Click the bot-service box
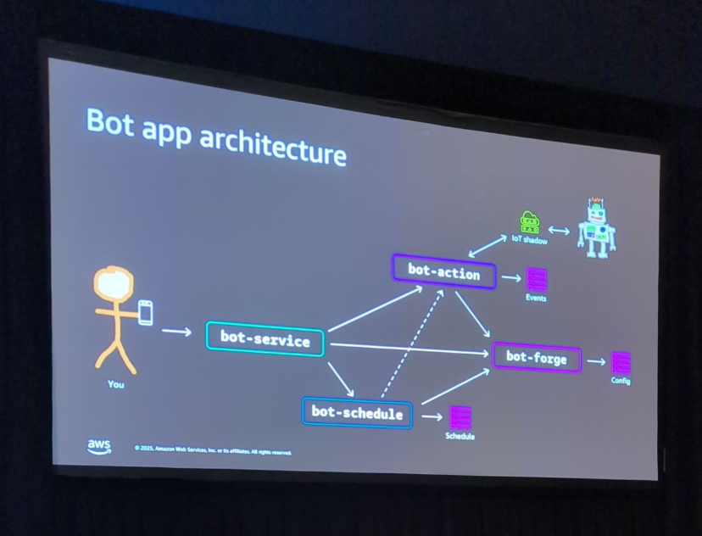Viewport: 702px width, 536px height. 265,338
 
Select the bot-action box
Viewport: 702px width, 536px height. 443,272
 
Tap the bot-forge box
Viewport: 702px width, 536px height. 537,357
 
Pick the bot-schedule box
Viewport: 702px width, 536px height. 357,413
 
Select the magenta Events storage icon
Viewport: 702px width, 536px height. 537,279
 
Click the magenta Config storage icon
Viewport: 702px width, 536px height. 621,362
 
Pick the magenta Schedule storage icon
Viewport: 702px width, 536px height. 460,417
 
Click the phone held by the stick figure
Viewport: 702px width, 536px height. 146,312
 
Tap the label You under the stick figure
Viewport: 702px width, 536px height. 116,384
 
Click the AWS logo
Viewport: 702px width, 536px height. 98,446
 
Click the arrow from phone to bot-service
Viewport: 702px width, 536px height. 176,331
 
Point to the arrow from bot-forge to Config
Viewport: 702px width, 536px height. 596,361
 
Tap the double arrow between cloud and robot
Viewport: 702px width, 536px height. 559,230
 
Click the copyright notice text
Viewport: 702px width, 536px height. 213,450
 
